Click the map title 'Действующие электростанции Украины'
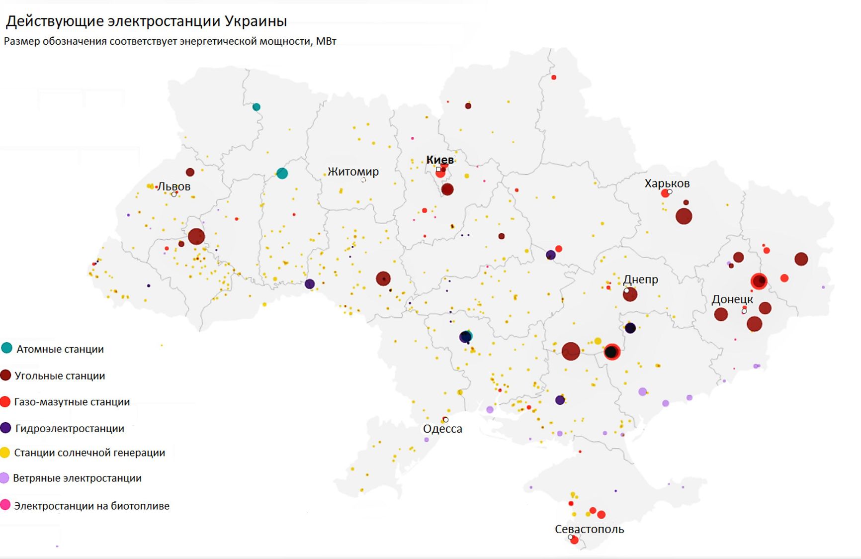(x=146, y=21)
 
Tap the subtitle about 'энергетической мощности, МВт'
(x=170, y=41)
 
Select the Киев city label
(x=440, y=160)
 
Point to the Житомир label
(x=353, y=172)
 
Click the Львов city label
(x=173, y=186)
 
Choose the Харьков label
(x=667, y=184)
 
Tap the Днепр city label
(x=640, y=279)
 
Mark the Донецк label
(x=732, y=299)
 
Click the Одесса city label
(x=442, y=429)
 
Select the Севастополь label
(x=589, y=529)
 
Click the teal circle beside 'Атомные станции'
(x=6, y=348)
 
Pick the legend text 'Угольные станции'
(x=60, y=376)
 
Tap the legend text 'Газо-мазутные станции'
(x=72, y=402)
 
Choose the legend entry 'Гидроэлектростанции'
(x=70, y=429)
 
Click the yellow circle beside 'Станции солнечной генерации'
(x=5, y=453)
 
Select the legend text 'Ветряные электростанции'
(x=77, y=478)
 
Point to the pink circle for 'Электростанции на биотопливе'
(x=5, y=505)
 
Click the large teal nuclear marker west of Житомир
(x=282, y=173)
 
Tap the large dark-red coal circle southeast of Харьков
(x=684, y=216)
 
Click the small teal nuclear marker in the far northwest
(x=256, y=107)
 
